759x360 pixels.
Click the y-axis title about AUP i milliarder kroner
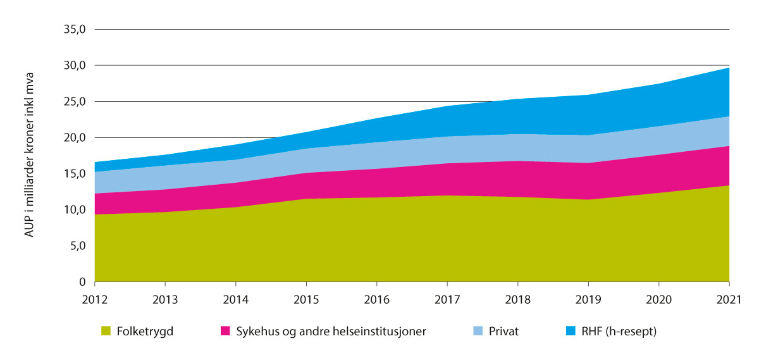[30, 156]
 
